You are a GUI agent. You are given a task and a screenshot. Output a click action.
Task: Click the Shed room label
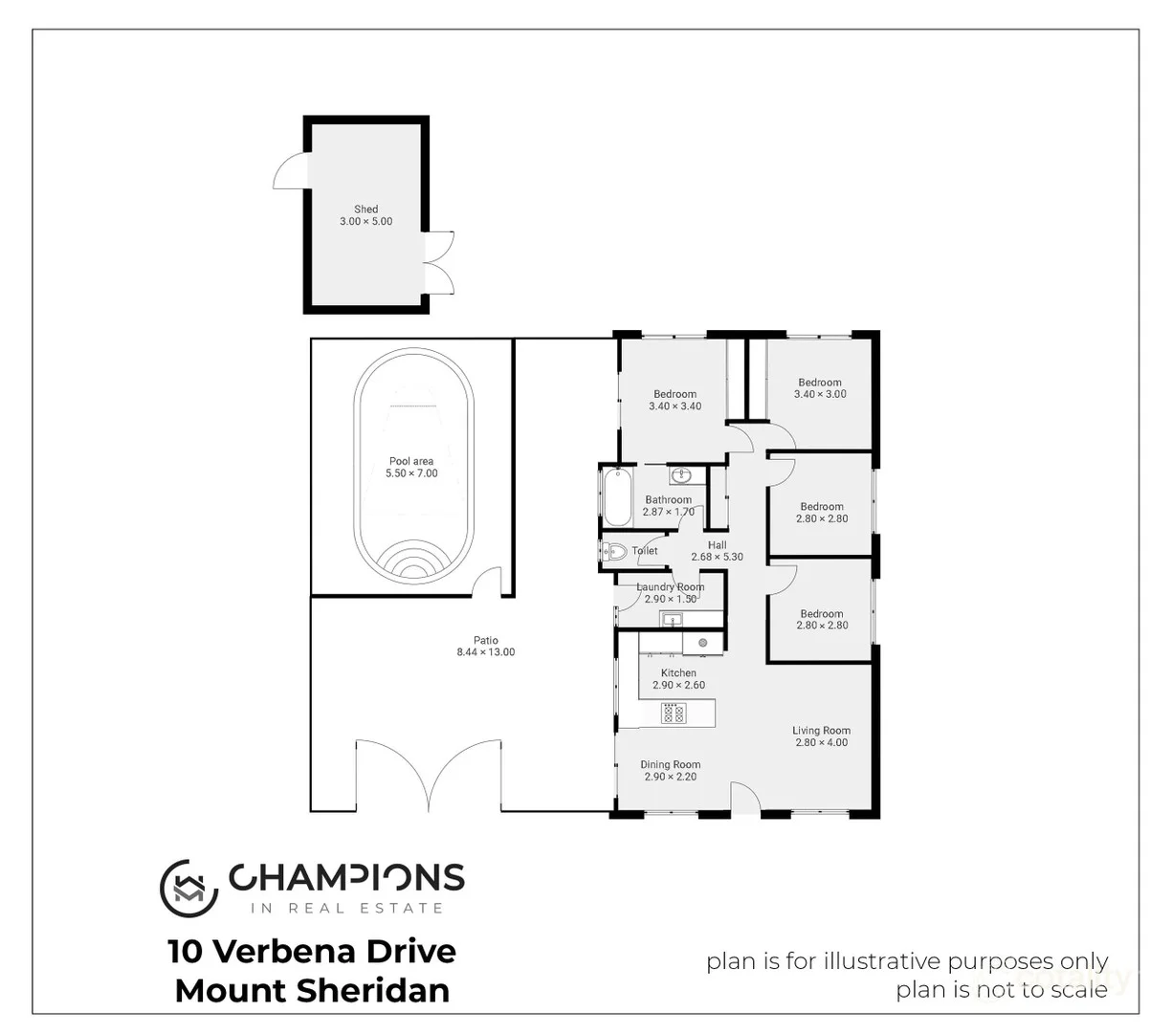pos(365,209)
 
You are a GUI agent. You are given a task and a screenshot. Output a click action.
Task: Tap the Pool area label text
pos(411,461)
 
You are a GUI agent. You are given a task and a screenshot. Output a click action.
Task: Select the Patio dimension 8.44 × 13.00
pos(485,652)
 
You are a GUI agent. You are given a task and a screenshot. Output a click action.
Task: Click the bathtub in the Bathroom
pos(618,495)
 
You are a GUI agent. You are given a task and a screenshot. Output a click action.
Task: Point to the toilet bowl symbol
pos(614,551)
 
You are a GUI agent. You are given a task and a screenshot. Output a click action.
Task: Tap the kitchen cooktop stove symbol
pos(674,713)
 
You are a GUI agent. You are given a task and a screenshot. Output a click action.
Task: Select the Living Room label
pos(821,731)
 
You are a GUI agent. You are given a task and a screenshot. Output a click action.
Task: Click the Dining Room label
pos(670,764)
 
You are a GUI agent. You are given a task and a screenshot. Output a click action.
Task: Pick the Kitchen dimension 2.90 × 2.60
pos(678,685)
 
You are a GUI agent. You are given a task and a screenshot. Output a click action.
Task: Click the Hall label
pos(717,545)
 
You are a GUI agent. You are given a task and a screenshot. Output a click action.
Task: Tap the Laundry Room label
pos(671,587)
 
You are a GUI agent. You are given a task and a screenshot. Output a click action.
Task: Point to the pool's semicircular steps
pos(412,564)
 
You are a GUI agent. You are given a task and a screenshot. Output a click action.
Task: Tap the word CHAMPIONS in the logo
pos(345,877)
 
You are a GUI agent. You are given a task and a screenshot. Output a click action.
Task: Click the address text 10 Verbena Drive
pos(312,951)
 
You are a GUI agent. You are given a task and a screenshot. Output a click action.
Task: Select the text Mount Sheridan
pos(312,991)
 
